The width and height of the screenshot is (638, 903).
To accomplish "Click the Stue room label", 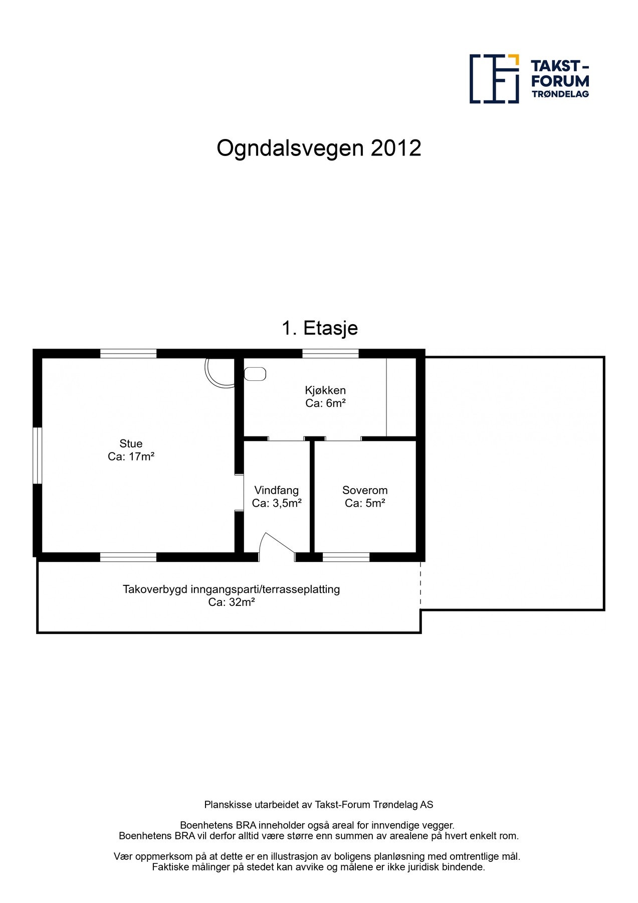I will pos(131,443).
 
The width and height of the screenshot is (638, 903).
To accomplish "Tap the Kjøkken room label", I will pos(325,390).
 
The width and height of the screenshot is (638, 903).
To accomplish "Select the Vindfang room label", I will pos(276,490).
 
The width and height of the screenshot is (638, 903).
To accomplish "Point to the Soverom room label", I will pos(365,490).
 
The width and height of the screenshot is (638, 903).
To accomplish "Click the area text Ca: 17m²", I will pos(131,457).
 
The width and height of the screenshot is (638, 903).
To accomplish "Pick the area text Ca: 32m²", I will pos(232,602).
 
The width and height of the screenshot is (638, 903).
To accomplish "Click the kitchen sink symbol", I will pos(255,374).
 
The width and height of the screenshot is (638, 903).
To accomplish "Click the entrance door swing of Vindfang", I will pos(276,547).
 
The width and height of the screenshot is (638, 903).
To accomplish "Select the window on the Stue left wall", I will pos(37,456).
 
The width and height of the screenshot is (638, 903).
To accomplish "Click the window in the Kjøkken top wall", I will pos(330,354).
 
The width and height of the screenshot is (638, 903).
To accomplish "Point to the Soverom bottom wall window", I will pos(346,557).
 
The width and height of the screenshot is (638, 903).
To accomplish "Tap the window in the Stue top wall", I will pos(128,354).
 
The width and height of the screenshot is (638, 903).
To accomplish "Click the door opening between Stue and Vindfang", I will pos(239,493).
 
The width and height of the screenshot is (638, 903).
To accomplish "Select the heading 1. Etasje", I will pos(320,328).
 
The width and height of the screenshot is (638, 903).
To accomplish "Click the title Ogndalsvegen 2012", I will pos(319,148).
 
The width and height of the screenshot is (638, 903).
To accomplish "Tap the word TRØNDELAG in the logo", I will pos(560,94).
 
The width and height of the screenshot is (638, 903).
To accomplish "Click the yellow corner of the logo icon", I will pos(514,59).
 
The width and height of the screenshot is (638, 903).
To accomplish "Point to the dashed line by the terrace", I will pos(420,585).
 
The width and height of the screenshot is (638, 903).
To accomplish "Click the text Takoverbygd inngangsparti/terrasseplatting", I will pos(232,589).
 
